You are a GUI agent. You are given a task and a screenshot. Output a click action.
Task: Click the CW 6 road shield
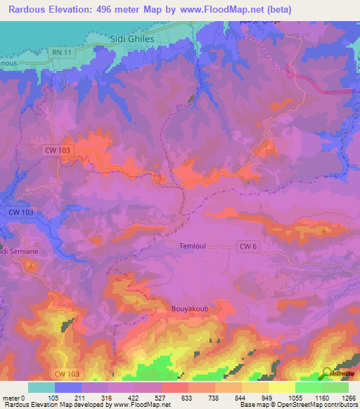[247, 245]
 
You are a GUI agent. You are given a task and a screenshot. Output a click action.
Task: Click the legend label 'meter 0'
[13, 397]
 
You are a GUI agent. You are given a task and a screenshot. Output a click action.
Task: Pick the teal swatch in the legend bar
[41, 387]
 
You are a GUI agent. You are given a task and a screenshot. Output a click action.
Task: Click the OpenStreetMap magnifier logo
[328, 372]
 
